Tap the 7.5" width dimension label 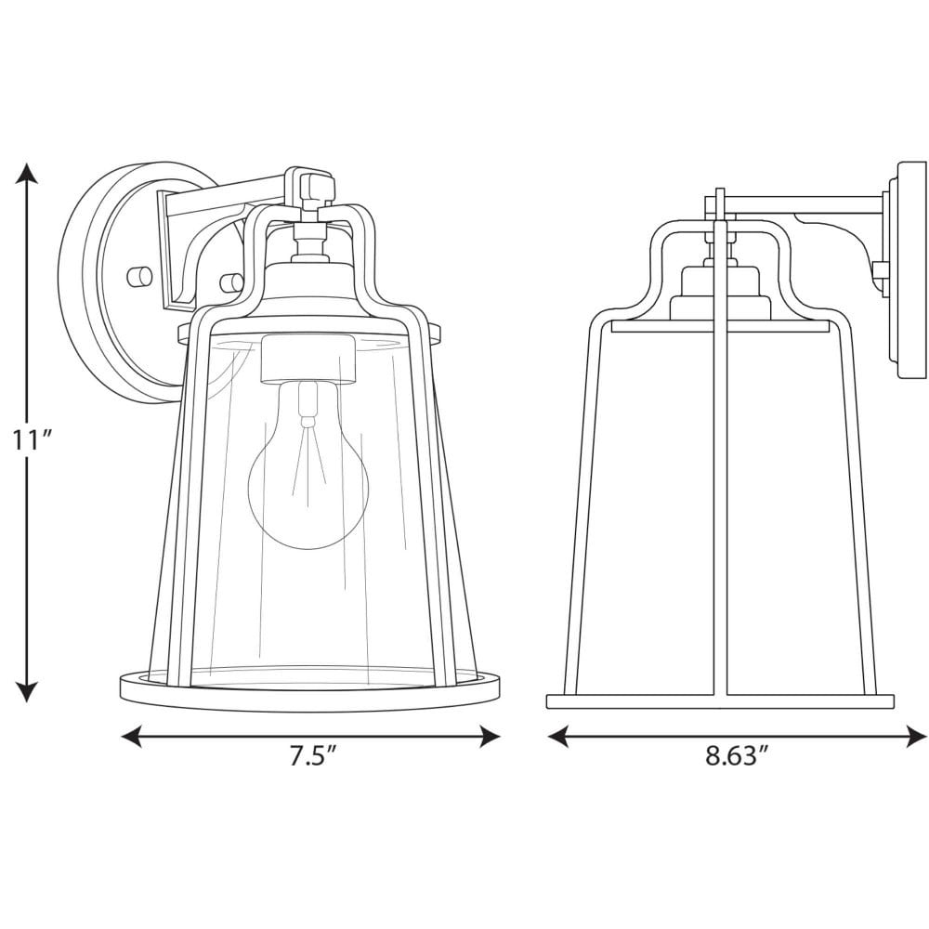(313, 756)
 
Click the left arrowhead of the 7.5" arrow (132, 737)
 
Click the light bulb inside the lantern (307, 468)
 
